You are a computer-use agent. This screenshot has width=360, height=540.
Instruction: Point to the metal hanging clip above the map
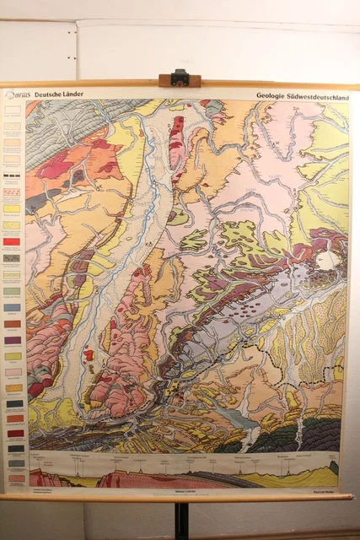coord(180,78)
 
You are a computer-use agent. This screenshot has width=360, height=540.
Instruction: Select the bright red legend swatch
coord(13,241)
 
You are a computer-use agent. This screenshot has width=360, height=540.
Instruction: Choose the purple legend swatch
coord(13,340)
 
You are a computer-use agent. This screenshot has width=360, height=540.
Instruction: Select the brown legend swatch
coord(13,323)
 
